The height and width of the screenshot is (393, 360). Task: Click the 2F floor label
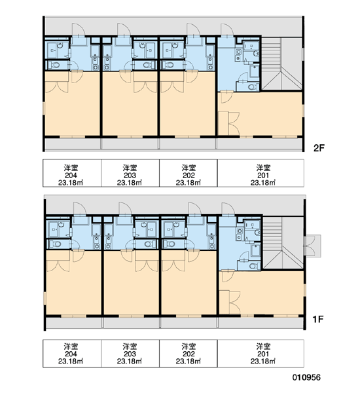tap(319, 148)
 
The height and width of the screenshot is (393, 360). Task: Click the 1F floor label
tap(318, 320)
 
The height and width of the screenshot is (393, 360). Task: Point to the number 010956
tap(306, 377)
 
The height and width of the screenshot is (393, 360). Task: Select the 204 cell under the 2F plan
tap(72, 173)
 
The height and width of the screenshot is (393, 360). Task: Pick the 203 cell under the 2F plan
tap(130, 173)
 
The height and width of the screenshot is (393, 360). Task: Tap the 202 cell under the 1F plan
tap(189, 354)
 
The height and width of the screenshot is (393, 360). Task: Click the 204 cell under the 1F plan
tap(72, 354)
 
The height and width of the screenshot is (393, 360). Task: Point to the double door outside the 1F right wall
tap(312, 246)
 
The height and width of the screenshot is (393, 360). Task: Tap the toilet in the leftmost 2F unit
tap(54, 65)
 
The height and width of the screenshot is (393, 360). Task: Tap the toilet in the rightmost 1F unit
tap(254, 266)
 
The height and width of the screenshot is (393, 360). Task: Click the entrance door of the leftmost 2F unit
tap(79, 30)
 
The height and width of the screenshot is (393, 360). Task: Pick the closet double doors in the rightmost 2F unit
tap(234, 123)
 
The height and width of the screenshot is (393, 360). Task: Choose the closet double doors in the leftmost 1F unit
tap(58, 266)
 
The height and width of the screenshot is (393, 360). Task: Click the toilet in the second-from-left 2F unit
tap(149, 65)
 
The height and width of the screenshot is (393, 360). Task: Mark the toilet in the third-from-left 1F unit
tap(170, 244)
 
